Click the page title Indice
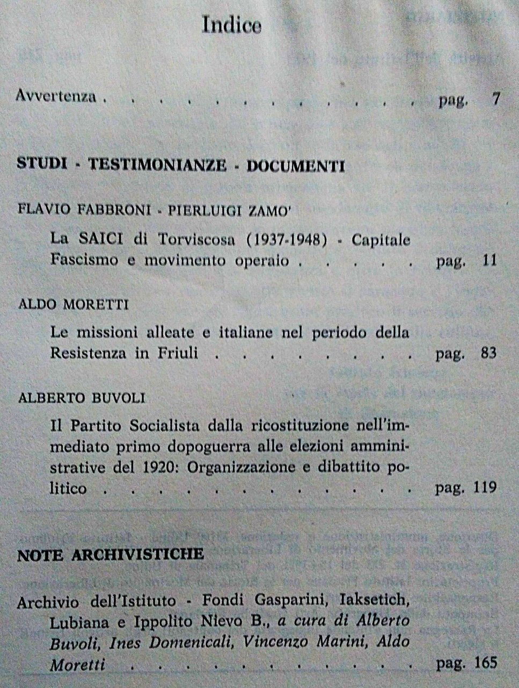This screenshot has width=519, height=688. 232,25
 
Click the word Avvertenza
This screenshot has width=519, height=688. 56,96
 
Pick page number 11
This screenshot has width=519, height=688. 489,262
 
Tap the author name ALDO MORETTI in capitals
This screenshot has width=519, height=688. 73,305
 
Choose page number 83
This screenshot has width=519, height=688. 488,354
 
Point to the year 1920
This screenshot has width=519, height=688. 156,467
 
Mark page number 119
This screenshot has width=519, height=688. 485,488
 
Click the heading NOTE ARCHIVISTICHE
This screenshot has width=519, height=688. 111,555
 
